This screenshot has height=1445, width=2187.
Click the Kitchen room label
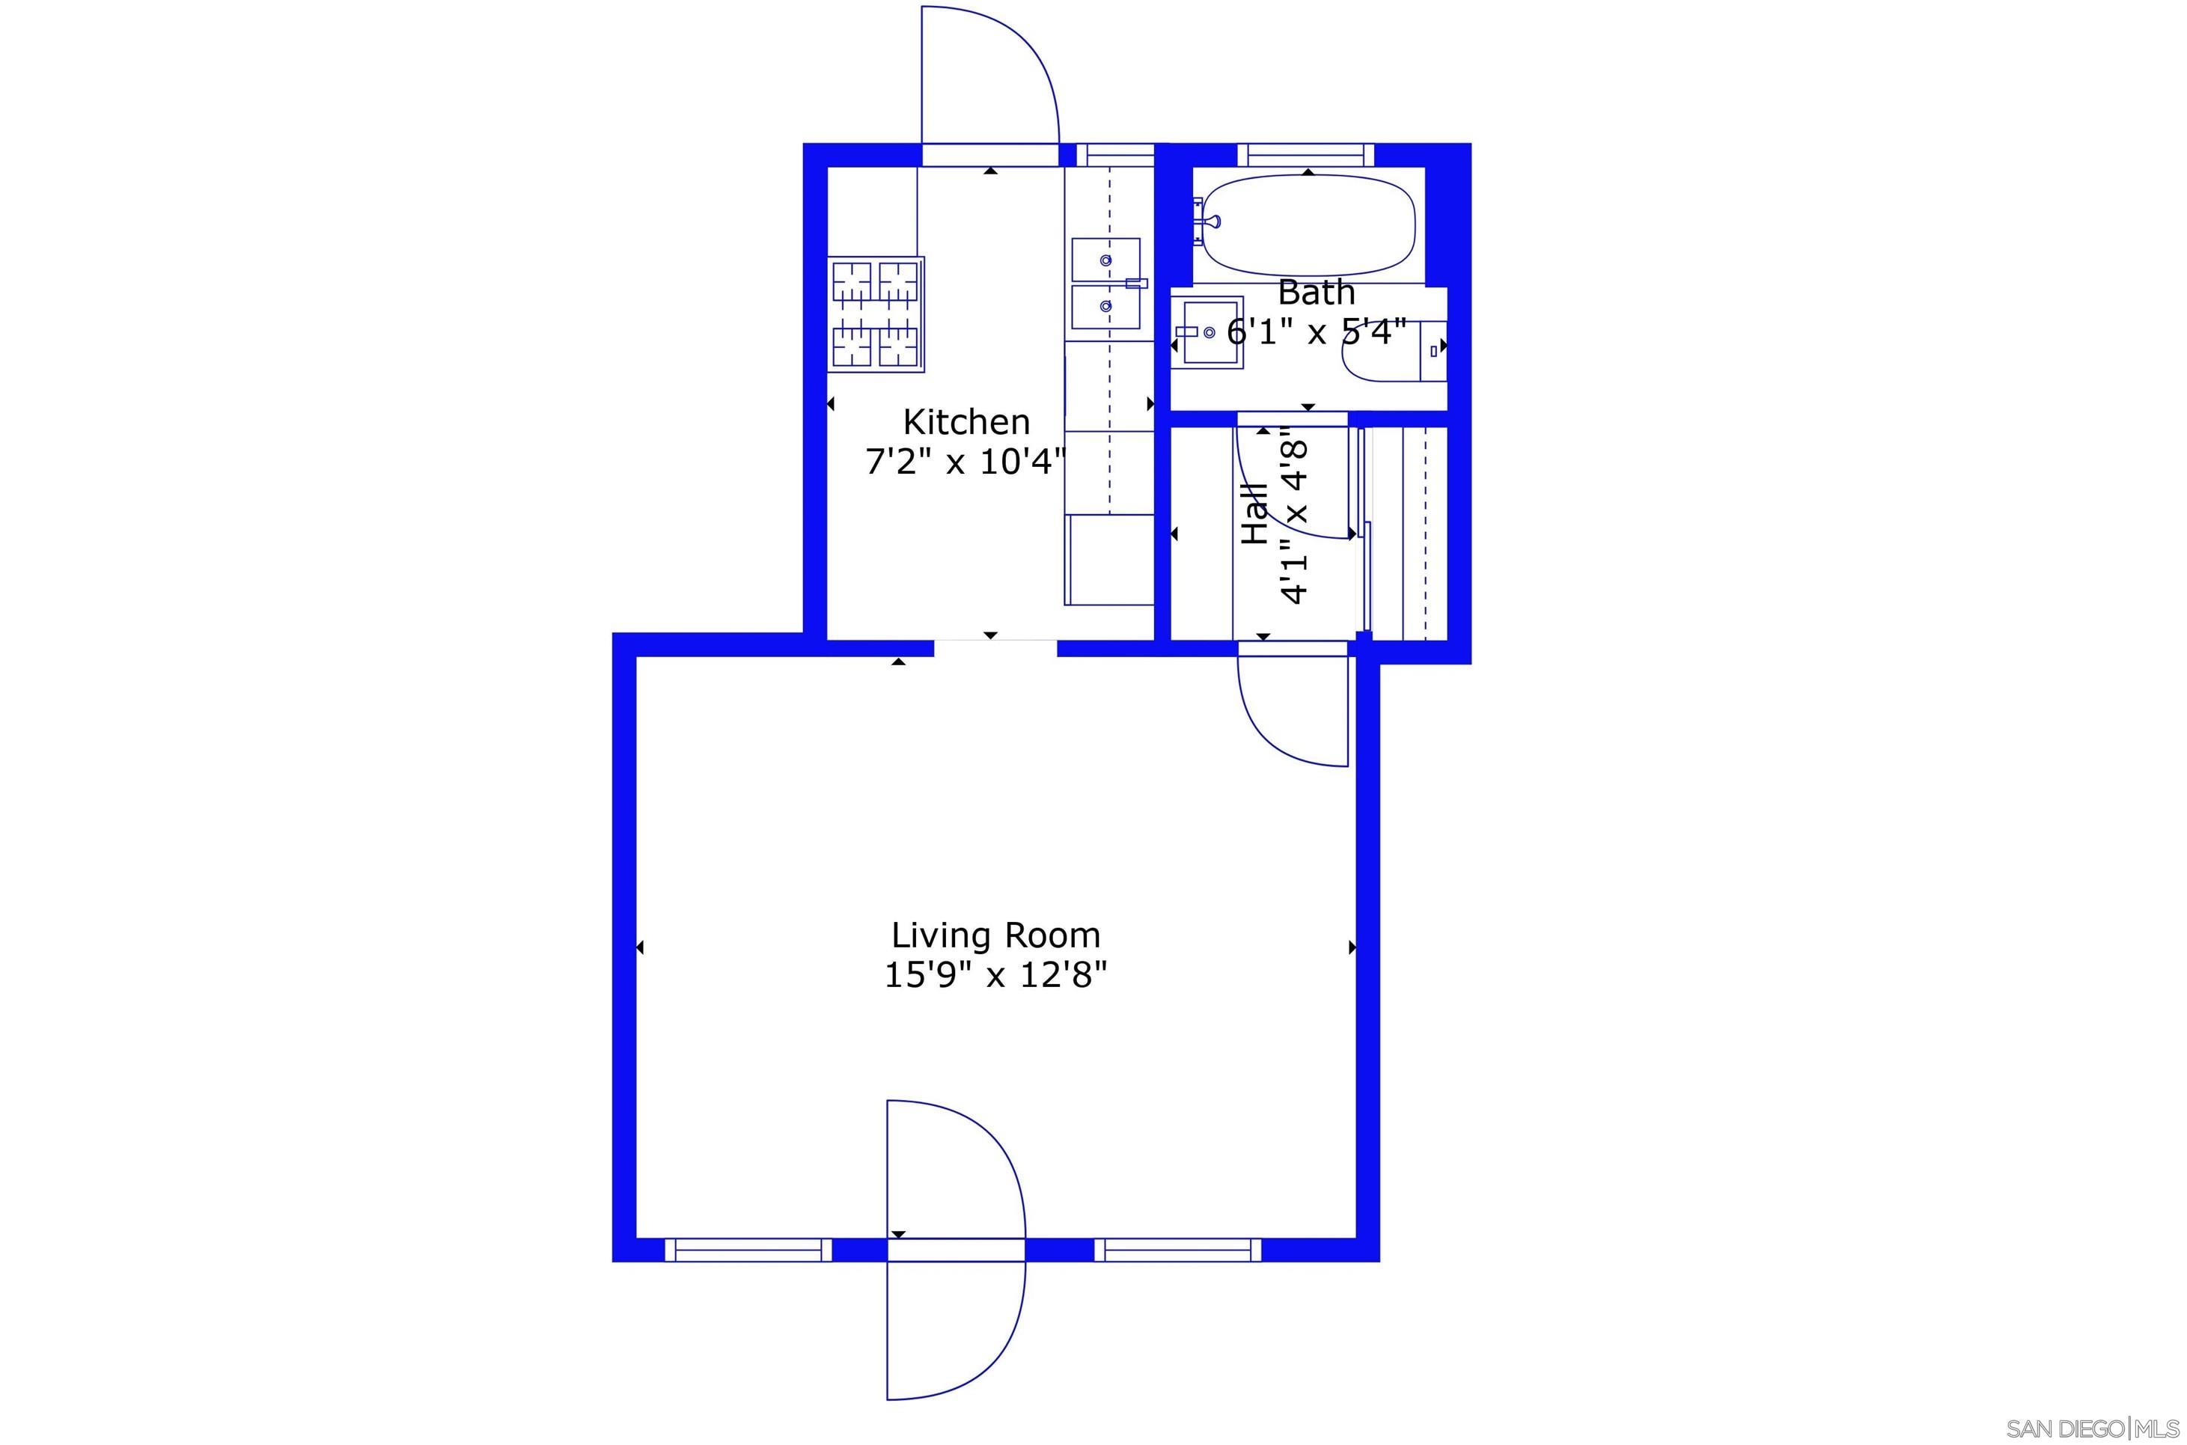pyautogui.click(x=966, y=422)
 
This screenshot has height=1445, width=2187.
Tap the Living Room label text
pyautogui.click(x=995, y=935)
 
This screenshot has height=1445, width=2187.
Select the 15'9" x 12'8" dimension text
pyautogui.click(x=995, y=975)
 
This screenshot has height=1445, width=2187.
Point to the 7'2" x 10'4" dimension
pyautogui.click(x=965, y=462)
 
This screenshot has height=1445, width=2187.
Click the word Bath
pyautogui.click(x=1316, y=293)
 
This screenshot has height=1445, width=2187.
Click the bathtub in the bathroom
pyautogui.click(x=1309, y=226)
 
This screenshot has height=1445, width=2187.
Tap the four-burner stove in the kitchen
pyautogui.click(x=876, y=314)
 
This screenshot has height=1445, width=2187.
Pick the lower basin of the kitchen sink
pyautogui.click(x=1105, y=307)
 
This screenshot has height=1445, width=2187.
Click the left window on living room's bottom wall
pyautogui.click(x=748, y=1250)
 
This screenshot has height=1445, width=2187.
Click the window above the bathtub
pyautogui.click(x=1305, y=155)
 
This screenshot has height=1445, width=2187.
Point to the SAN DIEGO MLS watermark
pyautogui.click(x=2092, y=1429)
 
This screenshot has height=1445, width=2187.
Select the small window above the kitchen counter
pyautogui.click(x=1115, y=155)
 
